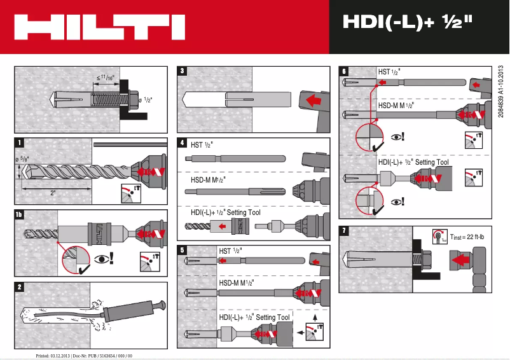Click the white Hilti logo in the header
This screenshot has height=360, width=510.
100,27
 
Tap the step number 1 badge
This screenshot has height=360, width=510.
20,142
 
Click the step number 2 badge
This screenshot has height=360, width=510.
20,287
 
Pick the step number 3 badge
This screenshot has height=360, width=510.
183,71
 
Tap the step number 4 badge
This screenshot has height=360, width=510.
183,143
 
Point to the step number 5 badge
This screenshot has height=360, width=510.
183,250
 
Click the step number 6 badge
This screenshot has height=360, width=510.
344,71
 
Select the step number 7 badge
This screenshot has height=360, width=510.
344,231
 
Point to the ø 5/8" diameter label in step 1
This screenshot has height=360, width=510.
22,153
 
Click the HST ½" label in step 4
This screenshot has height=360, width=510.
202,145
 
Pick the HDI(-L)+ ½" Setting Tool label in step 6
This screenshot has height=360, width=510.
414,162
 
